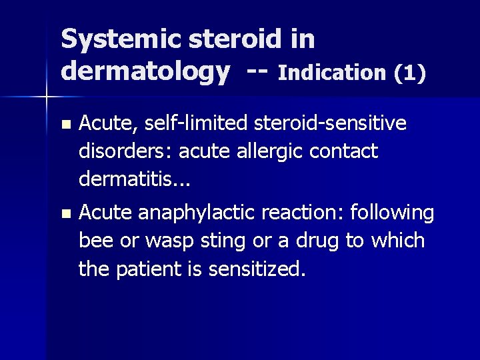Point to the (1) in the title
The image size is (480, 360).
tap(409, 72)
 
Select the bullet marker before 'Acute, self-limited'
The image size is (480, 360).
tap(64, 125)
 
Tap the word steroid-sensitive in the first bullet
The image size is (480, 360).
tap(327, 123)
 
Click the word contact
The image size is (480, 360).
tap(346, 151)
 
